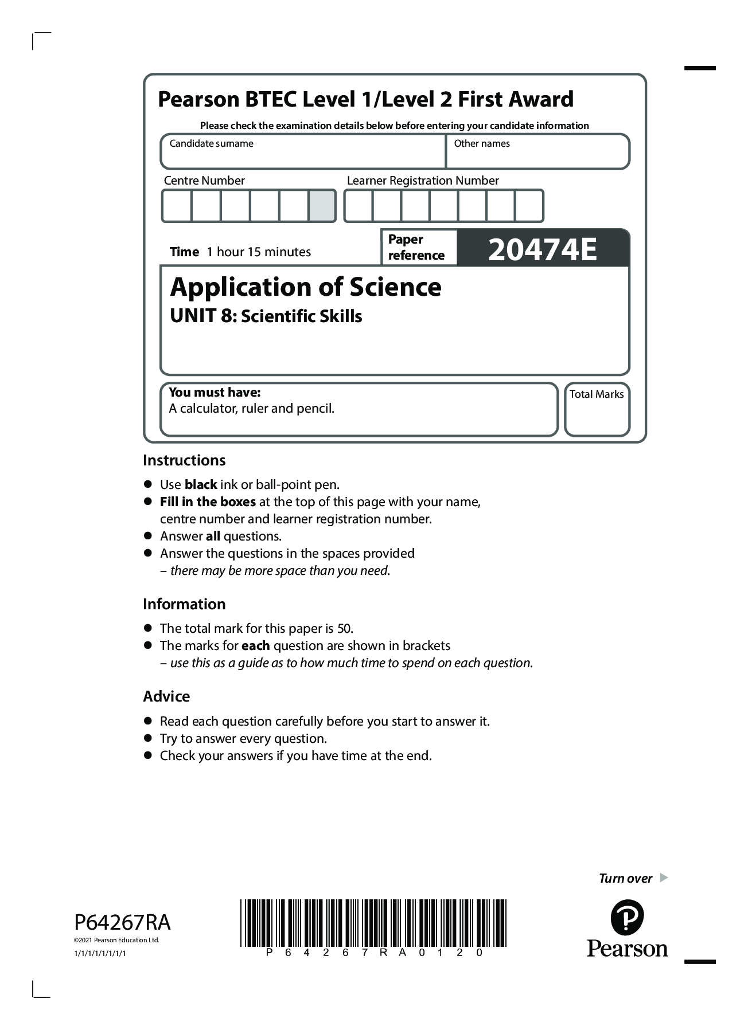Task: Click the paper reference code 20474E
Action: coord(542,249)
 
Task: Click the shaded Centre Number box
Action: coord(322,206)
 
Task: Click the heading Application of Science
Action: coord(306,287)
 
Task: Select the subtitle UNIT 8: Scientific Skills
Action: coord(266,316)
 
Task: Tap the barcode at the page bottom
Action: coord(373,922)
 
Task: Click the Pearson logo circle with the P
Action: coord(627,918)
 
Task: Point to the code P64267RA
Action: coord(122,922)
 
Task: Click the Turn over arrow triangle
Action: coord(664,878)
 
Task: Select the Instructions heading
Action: coord(184,460)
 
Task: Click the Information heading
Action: coord(184,604)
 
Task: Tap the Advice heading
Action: coord(166,696)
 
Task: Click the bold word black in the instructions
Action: coord(201,485)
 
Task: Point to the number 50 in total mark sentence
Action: coord(344,629)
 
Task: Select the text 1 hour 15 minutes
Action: coord(259,252)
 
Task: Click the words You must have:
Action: coord(215,393)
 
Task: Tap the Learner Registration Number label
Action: coord(423,181)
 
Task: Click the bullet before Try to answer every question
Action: coord(148,738)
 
